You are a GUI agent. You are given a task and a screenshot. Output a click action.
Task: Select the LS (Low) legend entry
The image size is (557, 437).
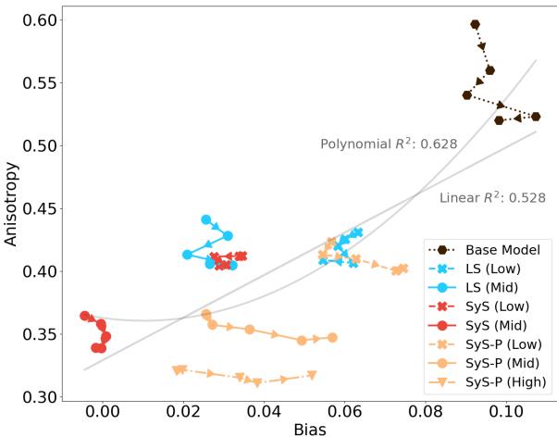coord(493,268)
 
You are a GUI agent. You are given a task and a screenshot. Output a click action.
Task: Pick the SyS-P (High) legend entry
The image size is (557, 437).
coord(505,381)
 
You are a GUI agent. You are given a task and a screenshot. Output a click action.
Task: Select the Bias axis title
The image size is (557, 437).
coord(308,428)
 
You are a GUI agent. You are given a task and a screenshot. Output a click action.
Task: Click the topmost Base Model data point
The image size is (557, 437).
coord(476,25)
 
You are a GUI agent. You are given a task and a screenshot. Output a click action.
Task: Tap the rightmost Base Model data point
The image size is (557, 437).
coord(536,117)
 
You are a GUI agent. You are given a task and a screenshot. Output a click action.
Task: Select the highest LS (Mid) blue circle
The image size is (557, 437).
coord(206,219)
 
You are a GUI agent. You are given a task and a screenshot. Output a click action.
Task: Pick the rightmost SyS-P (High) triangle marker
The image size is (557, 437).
coord(312,375)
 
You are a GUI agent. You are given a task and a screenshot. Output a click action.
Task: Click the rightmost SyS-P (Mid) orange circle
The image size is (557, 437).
coord(332,338)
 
